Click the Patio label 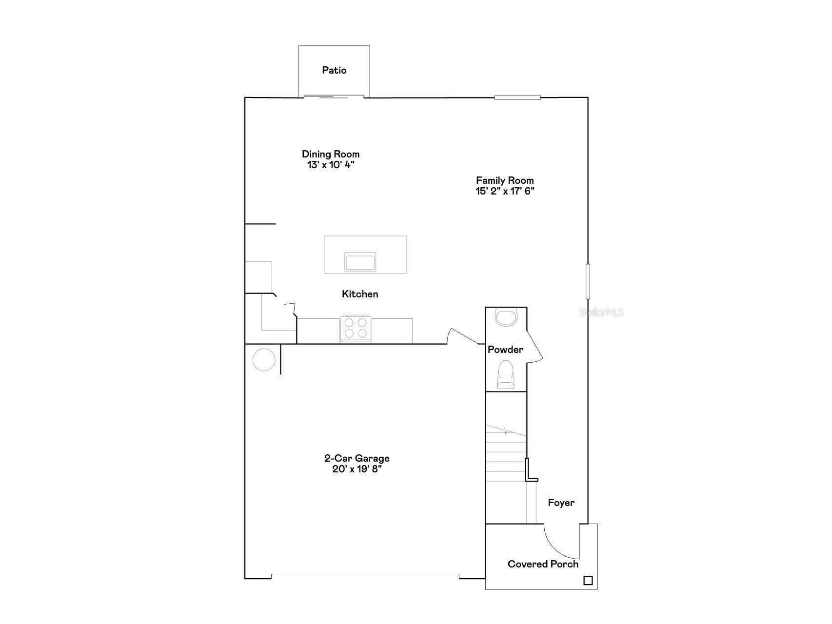point(334,70)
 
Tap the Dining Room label point(330,154)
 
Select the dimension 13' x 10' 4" point(330,165)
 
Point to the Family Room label point(505,180)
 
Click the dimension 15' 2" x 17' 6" point(505,191)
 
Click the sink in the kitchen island point(360,262)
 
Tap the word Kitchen point(360,294)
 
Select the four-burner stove point(356,328)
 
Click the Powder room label point(505,350)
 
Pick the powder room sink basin point(505,317)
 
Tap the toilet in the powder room point(505,374)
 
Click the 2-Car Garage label point(357,458)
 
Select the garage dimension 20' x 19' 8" point(357,469)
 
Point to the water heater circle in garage point(264,360)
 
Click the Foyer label point(561,503)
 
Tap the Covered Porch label point(543,564)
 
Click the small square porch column point(588,581)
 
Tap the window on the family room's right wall point(588,281)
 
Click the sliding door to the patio point(334,97)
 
